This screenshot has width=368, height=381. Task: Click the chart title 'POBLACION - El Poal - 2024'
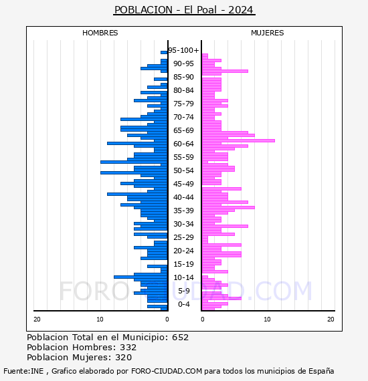pyautogui.click(x=184, y=10)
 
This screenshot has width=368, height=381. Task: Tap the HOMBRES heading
pyautogui.click(x=100, y=33)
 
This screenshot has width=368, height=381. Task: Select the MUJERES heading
pyautogui.click(x=268, y=33)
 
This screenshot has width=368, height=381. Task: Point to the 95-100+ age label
pyautogui.click(x=183, y=50)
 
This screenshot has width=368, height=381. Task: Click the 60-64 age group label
pyautogui.click(x=183, y=144)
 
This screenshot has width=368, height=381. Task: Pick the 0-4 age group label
pyautogui.click(x=183, y=304)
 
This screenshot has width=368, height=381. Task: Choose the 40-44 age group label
pyautogui.click(x=183, y=197)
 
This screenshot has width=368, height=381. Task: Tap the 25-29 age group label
pyautogui.click(x=183, y=237)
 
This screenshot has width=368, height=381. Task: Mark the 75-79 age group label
pyautogui.click(x=183, y=104)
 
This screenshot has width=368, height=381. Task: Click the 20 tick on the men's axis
pyautogui.click(x=37, y=320)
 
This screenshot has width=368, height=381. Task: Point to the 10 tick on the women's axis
pyautogui.click(x=268, y=320)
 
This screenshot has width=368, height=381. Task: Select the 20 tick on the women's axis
pyautogui.click(x=331, y=320)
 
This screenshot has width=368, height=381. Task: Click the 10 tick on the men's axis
pyautogui.click(x=100, y=320)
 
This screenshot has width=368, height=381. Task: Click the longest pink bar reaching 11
pyautogui.click(x=238, y=140)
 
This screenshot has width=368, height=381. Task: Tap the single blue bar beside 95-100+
pyautogui.click(x=164, y=52)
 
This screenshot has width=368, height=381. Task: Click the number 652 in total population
pyautogui.click(x=180, y=338)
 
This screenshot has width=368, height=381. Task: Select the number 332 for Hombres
pyautogui.click(x=128, y=347)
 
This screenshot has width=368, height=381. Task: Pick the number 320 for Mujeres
pyautogui.click(x=124, y=357)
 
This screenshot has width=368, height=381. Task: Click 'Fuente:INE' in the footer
pyautogui.click(x=23, y=371)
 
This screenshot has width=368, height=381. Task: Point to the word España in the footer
pyautogui.click(x=321, y=372)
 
